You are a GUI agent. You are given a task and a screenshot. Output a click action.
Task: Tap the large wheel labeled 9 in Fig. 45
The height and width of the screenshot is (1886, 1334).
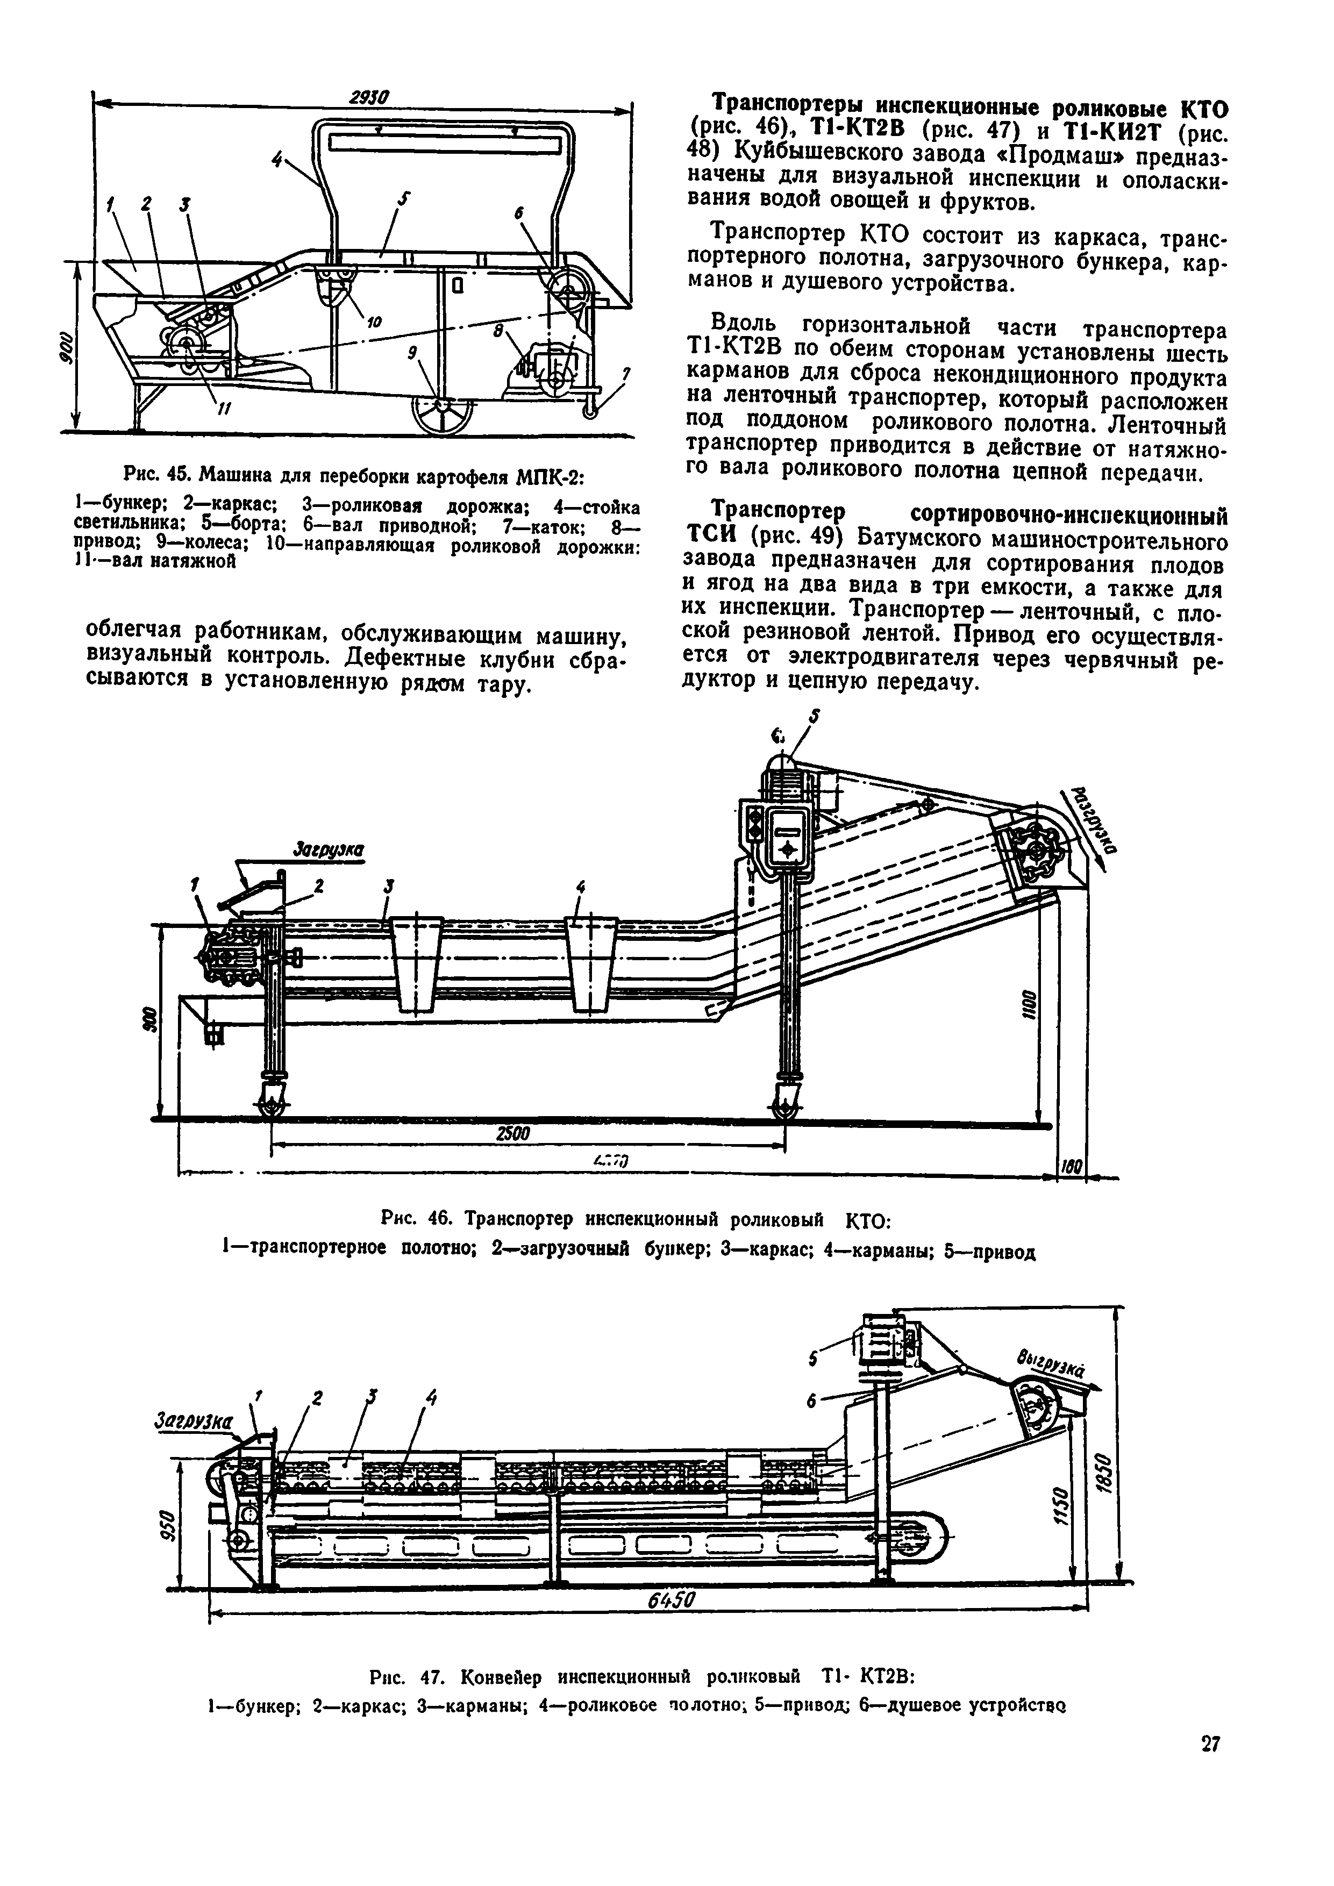(x=444, y=406)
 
